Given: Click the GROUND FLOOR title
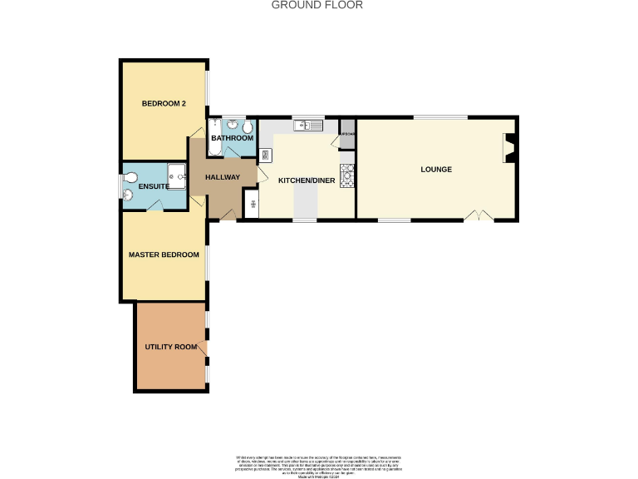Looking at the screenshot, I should click(x=318, y=5).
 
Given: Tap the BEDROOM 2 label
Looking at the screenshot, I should click(x=163, y=104).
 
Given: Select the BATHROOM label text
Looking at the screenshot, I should click(x=232, y=138).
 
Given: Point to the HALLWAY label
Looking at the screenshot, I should click(x=223, y=177).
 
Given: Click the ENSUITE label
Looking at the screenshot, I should click(x=155, y=187).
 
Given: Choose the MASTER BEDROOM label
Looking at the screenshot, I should click(x=164, y=254).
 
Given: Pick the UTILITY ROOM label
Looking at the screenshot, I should click(x=171, y=347).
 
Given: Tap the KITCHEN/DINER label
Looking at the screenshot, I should click(x=305, y=180).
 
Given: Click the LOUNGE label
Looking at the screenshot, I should click(x=436, y=170).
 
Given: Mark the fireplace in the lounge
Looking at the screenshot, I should click(x=509, y=148).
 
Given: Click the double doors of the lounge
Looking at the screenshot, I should click(x=478, y=216).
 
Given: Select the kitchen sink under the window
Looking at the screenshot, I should click(x=310, y=126).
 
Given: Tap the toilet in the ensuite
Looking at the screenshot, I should click(x=129, y=196).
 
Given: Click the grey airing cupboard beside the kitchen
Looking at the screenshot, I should click(x=347, y=130).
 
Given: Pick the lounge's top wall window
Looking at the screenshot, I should click(x=440, y=117).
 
